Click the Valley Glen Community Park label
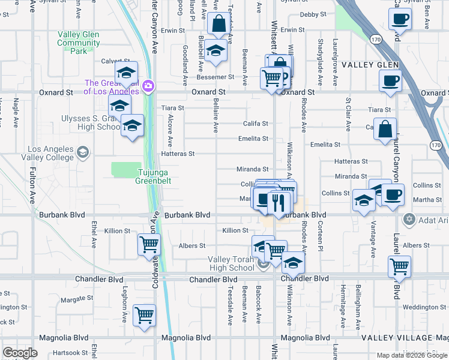tap(79, 43)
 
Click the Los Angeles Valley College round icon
tap(82, 152)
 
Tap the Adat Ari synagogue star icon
tap(409, 218)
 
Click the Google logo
tap(20, 353)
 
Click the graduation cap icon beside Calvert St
tap(126, 73)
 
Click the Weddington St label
tap(424, 307)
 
